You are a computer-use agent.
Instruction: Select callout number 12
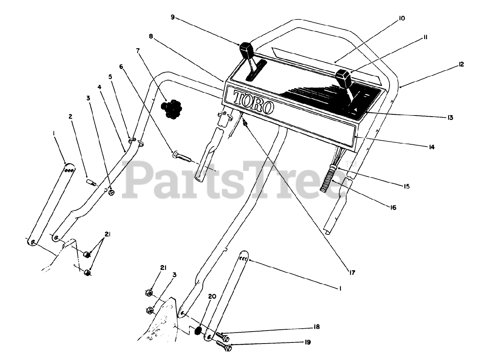pos(461,64)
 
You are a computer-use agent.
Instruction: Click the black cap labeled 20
pos(198,331)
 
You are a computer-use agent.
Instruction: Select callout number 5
pos(110,77)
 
